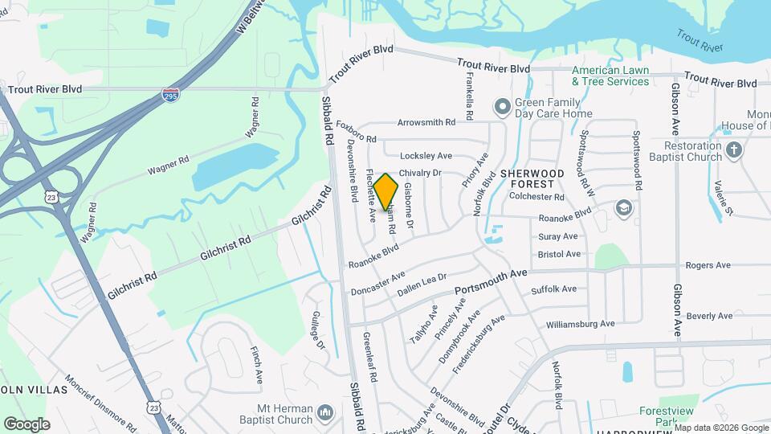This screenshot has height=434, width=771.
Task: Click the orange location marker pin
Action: (x=386, y=192)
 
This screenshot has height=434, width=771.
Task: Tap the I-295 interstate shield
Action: (x=170, y=94)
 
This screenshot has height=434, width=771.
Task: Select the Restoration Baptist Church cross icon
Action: (x=733, y=149)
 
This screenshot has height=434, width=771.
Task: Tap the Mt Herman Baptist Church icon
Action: (x=325, y=413)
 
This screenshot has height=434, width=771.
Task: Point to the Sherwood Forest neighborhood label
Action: (x=532, y=178)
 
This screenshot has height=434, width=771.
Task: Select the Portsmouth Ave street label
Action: (x=490, y=282)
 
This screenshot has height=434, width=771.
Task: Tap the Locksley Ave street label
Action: (x=426, y=155)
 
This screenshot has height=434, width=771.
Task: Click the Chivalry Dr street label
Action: (x=421, y=173)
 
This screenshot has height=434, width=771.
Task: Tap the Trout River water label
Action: (x=700, y=41)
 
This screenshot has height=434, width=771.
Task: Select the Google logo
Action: (x=27, y=424)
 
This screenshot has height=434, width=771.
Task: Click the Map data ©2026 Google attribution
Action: (x=721, y=428)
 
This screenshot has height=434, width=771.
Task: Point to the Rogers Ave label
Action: (x=708, y=265)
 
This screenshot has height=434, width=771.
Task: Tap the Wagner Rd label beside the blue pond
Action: (x=168, y=166)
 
